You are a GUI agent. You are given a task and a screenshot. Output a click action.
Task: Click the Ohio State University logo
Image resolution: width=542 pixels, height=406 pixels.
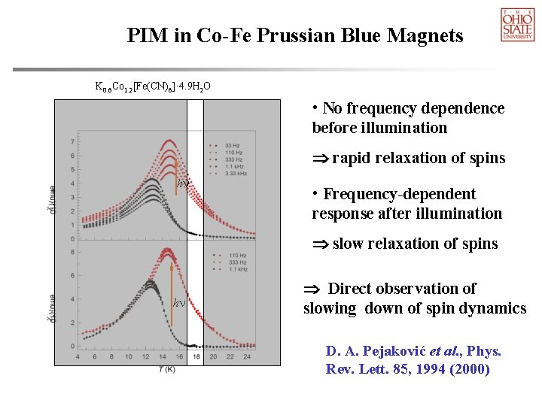[x=517, y=24]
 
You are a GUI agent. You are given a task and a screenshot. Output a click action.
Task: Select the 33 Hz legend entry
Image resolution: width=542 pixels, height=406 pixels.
[x=233, y=143]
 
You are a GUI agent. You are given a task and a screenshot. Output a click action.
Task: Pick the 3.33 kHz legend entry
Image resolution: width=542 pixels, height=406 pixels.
[x=236, y=173]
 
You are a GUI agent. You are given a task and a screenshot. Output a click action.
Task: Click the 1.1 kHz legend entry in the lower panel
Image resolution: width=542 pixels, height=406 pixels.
[x=237, y=268]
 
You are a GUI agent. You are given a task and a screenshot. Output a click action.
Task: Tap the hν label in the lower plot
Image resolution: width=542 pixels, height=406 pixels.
[x=179, y=303]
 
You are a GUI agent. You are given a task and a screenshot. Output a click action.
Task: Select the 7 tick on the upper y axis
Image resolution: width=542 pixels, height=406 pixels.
[x=72, y=141]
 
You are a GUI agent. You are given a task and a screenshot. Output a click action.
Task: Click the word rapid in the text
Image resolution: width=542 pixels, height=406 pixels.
[x=351, y=158]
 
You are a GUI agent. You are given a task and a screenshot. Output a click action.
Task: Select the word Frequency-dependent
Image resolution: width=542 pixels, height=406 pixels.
[x=399, y=194]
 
